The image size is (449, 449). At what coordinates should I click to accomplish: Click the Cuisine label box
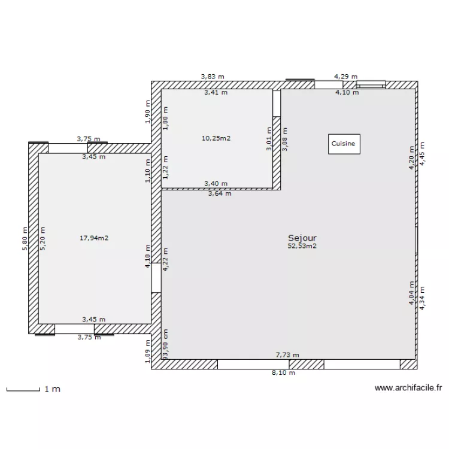coord(344,144)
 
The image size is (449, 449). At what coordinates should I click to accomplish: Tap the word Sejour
coord(302,238)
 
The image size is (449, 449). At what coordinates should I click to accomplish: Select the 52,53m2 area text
coord(302,245)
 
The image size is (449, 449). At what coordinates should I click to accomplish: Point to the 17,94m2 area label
coord(94,238)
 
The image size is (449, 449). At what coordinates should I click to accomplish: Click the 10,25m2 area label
coord(216,138)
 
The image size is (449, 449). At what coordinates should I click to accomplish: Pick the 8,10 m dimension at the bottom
coord(283,372)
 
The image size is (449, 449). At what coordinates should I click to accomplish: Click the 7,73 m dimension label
coord(287,355)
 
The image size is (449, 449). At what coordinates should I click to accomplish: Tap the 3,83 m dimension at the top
coord(213,77)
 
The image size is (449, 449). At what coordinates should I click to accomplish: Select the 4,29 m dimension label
coord(345,77)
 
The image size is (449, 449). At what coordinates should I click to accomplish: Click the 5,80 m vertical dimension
coord(25,238)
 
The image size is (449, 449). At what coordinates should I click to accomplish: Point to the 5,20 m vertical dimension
coord(43,238)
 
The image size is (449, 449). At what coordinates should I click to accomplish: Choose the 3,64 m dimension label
coord(220,193)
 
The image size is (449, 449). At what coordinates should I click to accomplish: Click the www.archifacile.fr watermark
coord(408,388)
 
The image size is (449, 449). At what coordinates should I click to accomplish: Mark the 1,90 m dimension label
coord(147,111)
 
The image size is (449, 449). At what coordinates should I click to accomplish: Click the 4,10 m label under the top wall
coord(347,92)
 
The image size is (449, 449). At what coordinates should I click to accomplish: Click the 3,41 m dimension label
coord(216,92)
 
